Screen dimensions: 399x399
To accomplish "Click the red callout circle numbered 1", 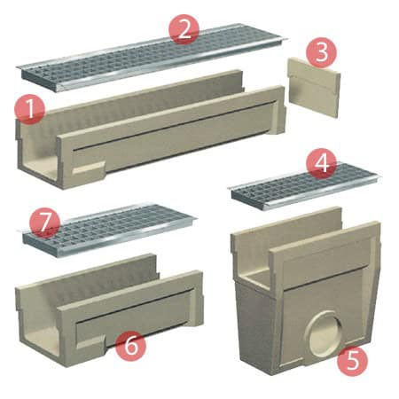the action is [30, 110].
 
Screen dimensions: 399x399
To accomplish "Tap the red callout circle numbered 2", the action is [184, 29].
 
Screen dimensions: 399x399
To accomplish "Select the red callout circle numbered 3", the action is [321, 53].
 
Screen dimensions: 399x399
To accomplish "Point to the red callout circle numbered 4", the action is [322, 163].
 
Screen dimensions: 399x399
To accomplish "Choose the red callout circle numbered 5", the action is [353, 361].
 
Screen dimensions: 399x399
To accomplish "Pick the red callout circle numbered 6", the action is [130, 346].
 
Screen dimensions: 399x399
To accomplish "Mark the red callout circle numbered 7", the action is [45, 223].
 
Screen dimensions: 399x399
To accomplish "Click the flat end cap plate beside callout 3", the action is [314, 88].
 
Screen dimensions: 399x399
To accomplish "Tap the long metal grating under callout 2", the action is [153, 58].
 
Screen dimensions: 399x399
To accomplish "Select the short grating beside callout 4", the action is [305, 187].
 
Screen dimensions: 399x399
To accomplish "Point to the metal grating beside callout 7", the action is [109, 230].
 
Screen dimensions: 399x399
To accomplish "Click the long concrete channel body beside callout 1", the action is [152, 130].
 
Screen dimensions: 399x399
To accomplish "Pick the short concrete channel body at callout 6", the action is [109, 310].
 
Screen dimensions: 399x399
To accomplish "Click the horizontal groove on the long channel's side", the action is [175, 123].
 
